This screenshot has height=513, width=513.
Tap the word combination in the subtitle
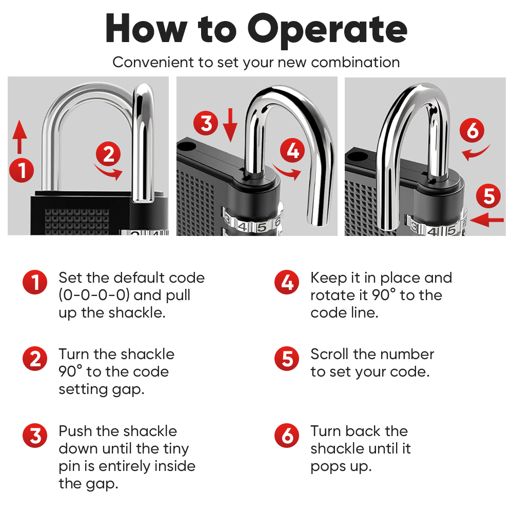pos(356,62)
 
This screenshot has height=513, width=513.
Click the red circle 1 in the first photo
pos(22,170)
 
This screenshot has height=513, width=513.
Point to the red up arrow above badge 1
pos(19,137)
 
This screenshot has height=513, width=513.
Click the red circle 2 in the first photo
pos(108,154)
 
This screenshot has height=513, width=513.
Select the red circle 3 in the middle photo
pos(206,123)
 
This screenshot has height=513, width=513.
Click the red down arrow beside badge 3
pos(230,125)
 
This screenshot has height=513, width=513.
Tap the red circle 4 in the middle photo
pos(292,151)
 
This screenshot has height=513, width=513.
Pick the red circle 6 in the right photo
pos(472,130)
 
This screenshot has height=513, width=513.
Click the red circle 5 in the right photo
pos(488,196)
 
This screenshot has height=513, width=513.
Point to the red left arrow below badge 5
pos(487,220)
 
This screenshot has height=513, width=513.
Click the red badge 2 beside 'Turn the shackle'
pos(35,359)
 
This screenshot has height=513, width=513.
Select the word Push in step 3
pos(75,431)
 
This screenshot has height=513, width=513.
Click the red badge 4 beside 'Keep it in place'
pos(287,282)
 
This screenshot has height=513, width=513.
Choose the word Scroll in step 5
pos(329,354)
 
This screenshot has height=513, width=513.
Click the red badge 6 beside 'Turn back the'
pos(287,436)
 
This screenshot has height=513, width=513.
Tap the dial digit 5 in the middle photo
pos(262,227)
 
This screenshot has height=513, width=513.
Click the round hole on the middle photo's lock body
pos(187,146)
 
